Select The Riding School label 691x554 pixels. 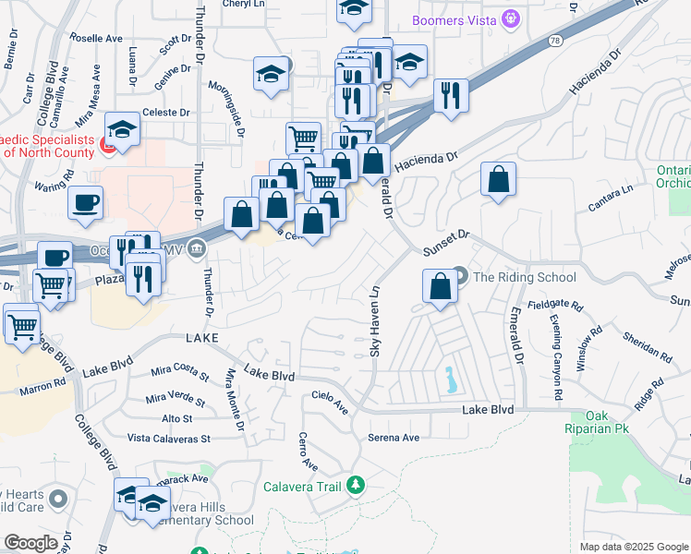point(524,277)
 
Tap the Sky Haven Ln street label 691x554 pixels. point(375,320)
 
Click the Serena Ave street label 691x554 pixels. point(394,438)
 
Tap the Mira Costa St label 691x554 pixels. point(180,371)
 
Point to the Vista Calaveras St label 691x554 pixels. point(170,439)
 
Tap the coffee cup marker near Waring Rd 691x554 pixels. point(85,203)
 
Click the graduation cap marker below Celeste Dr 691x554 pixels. point(121,130)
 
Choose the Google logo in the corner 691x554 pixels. point(31,543)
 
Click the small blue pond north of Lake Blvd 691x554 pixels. point(449,379)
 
